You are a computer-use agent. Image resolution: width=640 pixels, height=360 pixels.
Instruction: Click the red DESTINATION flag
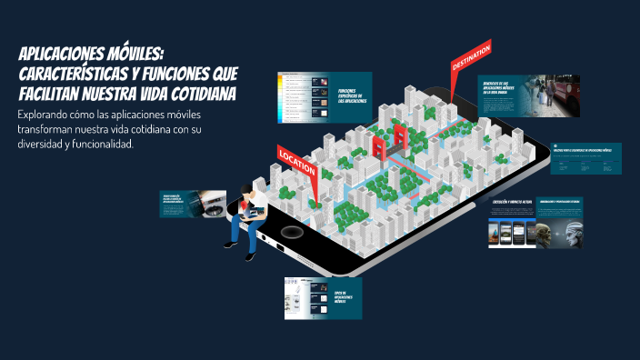(x=471, y=60)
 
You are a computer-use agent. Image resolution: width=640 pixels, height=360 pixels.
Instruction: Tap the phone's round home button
(x=290, y=232)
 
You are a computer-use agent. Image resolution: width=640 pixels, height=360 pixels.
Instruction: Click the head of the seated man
(x=246, y=190)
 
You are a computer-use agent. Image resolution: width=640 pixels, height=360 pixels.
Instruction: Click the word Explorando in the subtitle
(x=46, y=115)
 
